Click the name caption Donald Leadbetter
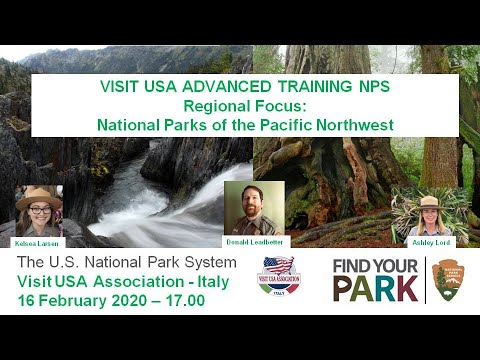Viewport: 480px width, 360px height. (x=254, y=242)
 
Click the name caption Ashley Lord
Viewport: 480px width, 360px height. (x=429, y=242)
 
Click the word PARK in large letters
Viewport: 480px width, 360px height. (x=377, y=289)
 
